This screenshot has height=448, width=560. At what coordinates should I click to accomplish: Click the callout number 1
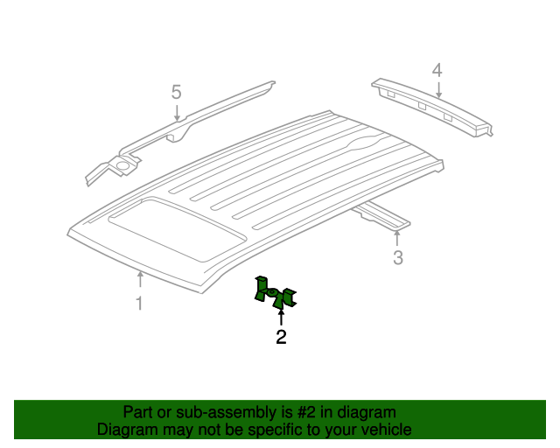139,304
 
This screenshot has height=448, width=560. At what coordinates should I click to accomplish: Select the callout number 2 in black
281,337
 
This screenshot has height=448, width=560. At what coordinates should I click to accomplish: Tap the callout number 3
398,257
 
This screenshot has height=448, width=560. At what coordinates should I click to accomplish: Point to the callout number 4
437,70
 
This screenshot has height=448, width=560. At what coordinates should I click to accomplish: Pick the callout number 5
177,92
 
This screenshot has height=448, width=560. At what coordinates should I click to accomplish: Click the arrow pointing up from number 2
281,318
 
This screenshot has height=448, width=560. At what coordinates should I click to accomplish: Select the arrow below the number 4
438,89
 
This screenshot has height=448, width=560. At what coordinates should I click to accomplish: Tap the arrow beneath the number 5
177,112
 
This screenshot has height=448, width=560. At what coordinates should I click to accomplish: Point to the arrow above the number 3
396,239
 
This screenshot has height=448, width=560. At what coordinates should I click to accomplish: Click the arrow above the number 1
140,279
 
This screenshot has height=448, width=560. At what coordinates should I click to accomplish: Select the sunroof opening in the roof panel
178,228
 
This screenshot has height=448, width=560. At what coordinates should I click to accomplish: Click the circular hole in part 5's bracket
122,165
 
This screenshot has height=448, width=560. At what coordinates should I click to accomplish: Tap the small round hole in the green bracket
272,292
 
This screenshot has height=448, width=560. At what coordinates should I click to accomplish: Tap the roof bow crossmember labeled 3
382,214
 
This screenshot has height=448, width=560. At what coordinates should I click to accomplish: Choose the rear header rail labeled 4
432,107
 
